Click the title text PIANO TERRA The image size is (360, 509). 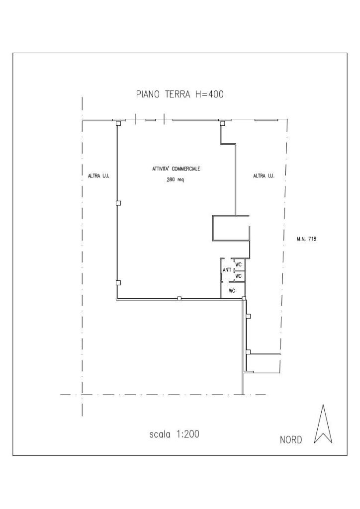164,94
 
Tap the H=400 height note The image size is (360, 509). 209,94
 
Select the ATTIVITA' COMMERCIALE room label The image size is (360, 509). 176,169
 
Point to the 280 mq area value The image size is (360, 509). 176,180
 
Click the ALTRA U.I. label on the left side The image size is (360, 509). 98,176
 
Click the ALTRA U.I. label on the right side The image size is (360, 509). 264,176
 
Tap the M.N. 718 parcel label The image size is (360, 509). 306,239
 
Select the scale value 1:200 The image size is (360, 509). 188,434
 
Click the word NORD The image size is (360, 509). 291,440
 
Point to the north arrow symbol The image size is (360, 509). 323,424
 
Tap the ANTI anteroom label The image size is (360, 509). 227,270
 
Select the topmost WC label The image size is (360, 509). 239,264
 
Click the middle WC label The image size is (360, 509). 239,276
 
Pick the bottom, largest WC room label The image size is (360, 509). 232,291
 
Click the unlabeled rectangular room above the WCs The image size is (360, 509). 231,229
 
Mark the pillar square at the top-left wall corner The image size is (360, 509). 118,123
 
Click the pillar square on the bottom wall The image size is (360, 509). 179,298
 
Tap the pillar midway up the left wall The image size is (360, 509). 118,203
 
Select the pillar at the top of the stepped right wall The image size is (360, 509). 222,123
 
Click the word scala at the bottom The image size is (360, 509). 160,434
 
